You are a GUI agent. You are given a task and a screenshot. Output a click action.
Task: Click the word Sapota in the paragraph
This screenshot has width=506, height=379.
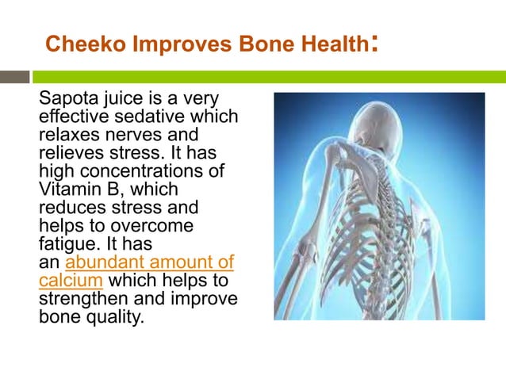click(x=67, y=100)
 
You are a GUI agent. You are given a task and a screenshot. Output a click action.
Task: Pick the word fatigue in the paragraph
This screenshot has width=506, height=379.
click(x=65, y=243)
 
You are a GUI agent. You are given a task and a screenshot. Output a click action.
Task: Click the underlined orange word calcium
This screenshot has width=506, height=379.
click(x=71, y=280)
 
